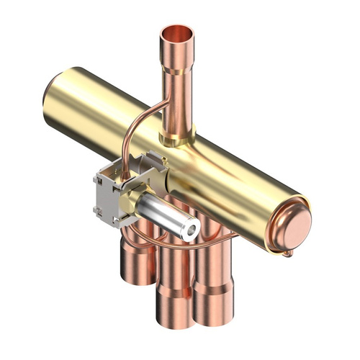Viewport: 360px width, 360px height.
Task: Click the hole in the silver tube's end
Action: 192,230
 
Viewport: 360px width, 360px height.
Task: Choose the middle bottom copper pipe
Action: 173,288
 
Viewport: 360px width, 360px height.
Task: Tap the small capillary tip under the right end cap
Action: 289,253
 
